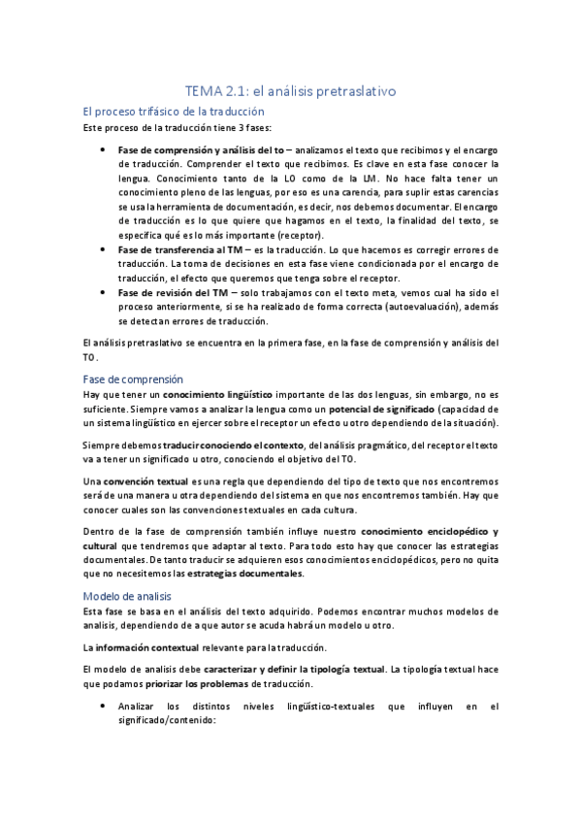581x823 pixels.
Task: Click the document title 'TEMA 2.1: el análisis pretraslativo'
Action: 291,91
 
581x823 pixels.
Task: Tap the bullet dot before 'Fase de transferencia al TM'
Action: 105,249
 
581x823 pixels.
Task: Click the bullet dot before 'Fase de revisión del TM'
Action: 105,292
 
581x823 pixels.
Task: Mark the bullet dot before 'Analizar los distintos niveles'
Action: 105,707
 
